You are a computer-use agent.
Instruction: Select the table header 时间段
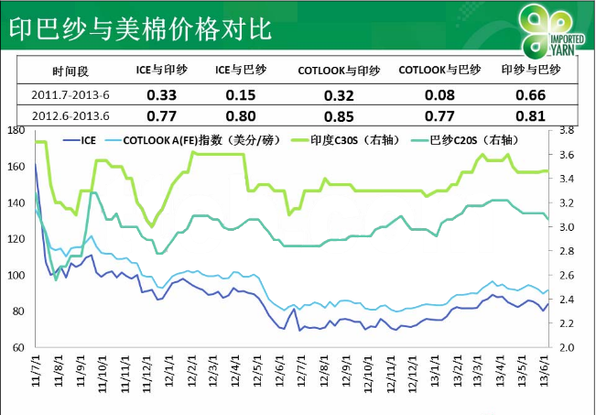pos(70,71)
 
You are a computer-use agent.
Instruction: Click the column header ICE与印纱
pos(161,71)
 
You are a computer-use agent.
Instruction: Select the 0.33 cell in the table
pos(161,94)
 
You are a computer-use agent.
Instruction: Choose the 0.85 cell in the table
pos(339,116)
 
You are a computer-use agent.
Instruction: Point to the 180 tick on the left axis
pos(15,131)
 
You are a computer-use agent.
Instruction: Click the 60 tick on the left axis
pos(18,348)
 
